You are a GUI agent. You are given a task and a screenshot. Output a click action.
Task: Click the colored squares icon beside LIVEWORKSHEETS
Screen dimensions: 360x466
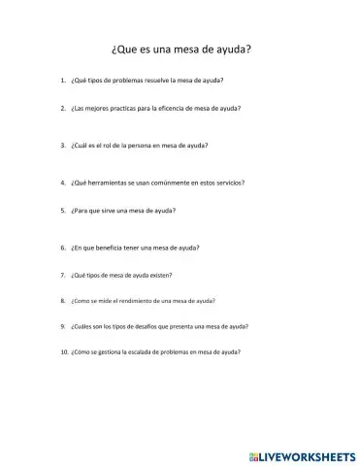[254, 454]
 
